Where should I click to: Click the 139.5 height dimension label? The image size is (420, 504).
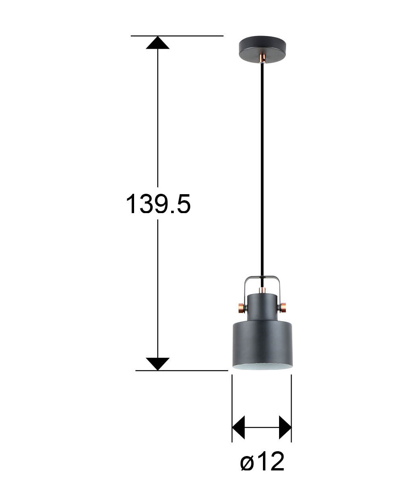[158, 204]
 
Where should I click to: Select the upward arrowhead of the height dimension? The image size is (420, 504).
[157, 42]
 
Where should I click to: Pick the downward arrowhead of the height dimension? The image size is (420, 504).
[157, 364]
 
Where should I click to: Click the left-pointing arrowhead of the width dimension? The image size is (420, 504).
[238, 427]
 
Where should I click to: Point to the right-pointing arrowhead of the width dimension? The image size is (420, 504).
[285, 427]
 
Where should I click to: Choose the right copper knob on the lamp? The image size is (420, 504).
[283, 308]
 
